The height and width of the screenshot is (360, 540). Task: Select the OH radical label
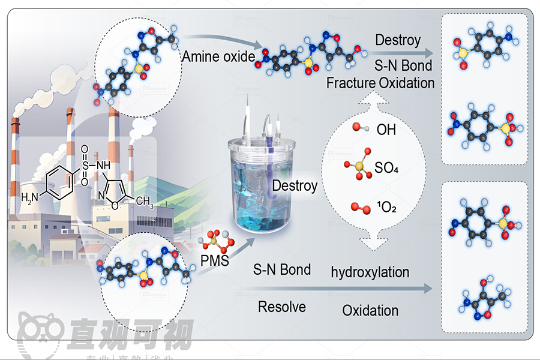(x=386, y=130)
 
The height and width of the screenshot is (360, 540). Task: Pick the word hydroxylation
(x=370, y=272)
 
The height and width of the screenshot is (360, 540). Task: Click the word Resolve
(x=282, y=307)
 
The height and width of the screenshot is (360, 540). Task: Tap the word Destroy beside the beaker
(x=295, y=185)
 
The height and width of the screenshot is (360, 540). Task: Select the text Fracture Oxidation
(x=380, y=83)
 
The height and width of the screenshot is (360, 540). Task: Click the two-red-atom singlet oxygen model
(x=358, y=208)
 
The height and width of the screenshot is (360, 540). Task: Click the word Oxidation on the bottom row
(x=370, y=310)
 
